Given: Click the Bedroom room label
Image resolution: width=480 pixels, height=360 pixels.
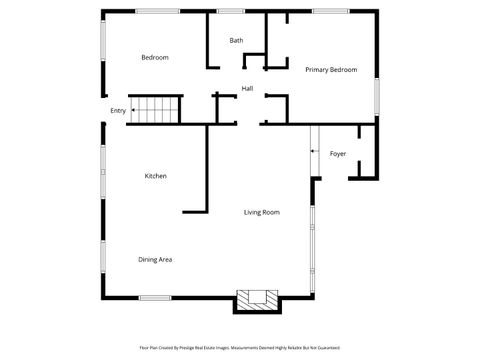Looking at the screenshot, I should coord(154,58).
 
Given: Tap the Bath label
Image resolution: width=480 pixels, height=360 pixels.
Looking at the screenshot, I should coord(236,41).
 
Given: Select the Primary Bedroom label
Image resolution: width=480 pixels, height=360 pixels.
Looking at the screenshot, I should coord(331,70).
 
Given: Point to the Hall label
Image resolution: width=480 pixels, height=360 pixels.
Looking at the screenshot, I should coord(247,89).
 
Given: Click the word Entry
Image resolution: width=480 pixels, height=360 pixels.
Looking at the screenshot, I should coord(118,111).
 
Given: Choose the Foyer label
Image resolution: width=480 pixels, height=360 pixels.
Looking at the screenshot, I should coord(338,154).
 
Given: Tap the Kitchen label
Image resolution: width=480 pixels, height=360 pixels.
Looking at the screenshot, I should coord(155,176).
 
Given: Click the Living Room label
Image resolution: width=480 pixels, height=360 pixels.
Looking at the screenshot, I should coord(262,212).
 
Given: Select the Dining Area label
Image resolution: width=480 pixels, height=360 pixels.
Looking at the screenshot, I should coord(155,260).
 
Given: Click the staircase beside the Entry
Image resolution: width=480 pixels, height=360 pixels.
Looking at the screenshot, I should coord(156,109).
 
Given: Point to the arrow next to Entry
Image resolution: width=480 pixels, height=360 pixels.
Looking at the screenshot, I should coord(133,111).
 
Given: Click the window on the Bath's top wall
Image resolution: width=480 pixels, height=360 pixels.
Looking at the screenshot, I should coord(232,11).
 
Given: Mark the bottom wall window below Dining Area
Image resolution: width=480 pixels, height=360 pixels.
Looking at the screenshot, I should coord(155,297).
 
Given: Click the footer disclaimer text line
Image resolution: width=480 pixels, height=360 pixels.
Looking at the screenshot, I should coord(240,347).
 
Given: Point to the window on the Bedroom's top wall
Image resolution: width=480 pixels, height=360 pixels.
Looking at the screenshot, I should coord(158,11).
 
